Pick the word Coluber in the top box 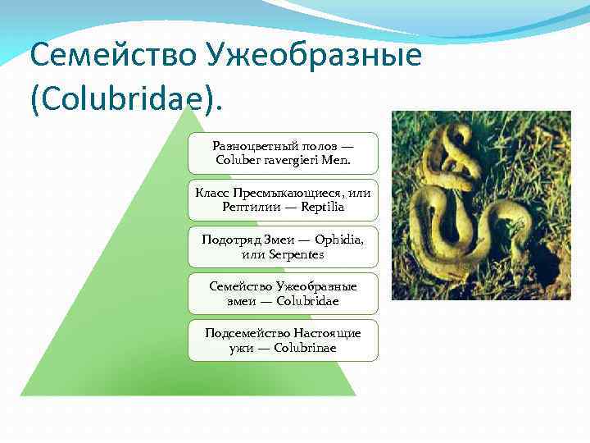pyautogui.click(x=238, y=160)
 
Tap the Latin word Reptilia pyautogui.click(x=322, y=207)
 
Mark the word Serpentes pyautogui.click(x=294, y=254)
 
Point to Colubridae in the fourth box pyautogui.click(x=307, y=301)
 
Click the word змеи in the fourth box pyautogui.click(x=243, y=301)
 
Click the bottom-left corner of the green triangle pyautogui.click(x=22, y=395)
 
